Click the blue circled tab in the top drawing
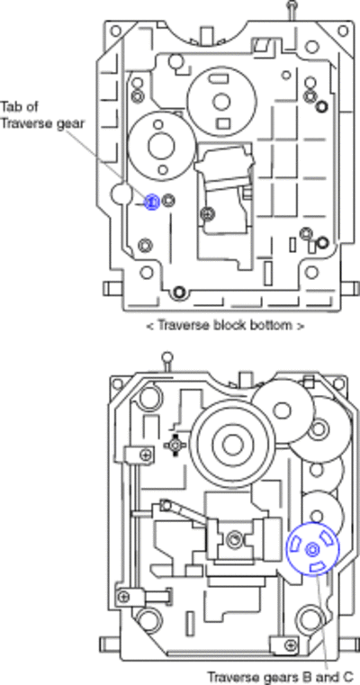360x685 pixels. coord(151,202)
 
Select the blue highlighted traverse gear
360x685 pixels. coord(312,549)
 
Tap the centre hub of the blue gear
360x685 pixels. coord(312,549)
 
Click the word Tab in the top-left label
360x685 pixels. coord(10,106)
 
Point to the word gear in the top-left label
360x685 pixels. coord(70,123)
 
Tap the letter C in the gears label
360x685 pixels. coord(347,677)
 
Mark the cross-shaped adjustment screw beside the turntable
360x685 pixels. coord(175,446)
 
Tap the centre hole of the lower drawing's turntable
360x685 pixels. coord(232,445)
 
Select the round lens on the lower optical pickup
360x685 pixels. coord(235,539)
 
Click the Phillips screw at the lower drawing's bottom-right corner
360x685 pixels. coord(289,644)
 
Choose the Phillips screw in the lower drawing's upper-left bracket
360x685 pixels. coord(145,455)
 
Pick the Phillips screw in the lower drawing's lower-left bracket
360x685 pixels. coord(124,596)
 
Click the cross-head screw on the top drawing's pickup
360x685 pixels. coord(207,213)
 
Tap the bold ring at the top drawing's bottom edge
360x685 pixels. coord(179,293)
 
